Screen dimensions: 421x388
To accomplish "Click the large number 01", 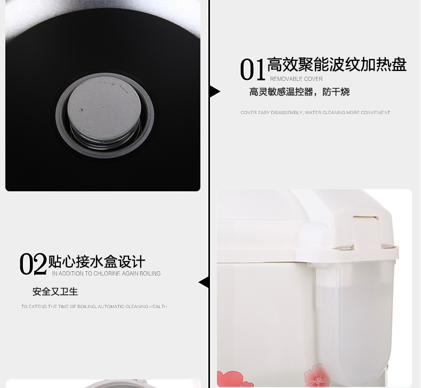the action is pyautogui.click(x=252, y=69).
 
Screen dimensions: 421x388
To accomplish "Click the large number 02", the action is pyautogui.click(x=33, y=264).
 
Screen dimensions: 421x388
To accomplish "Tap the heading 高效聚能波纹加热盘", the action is pyautogui.click(x=337, y=64).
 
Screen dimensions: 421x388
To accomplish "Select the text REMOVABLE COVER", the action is pyautogui.click(x=296, y=79).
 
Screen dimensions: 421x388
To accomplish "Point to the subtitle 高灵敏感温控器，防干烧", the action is pyautogui.click(x=299, y=92).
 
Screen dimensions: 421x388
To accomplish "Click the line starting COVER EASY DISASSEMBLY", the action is pyautogui.click(x=315, y=112).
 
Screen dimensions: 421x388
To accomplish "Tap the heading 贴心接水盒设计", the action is pyautogui.click(x=96, y=262).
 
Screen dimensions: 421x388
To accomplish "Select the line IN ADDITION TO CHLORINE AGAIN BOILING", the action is pyautogui.click(x=107, y=273).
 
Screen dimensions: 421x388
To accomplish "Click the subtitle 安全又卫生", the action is pyautogui.click(x=55, y=292).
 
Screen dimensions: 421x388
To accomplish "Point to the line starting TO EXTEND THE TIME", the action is pyautogui.click(x=94, y=306).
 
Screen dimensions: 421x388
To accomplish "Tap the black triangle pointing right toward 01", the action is pyautogui.click(x=215, y=92).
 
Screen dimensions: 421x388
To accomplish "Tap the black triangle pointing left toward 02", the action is pyautogui.click(x=204, y=282).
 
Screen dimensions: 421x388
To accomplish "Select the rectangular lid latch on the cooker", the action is pyautogui.click(x=366, y=231).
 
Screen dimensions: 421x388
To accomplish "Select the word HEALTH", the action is pyautogui.click(x=160, y=306).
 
